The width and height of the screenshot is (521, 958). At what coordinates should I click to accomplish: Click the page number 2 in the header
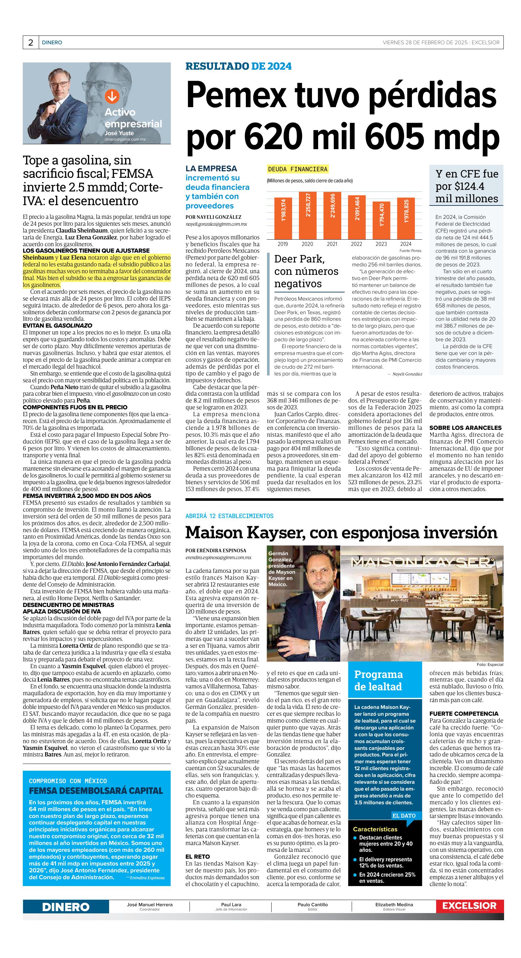tap(30, 42)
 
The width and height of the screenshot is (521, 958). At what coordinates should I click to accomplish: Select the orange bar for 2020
tap(307, 215)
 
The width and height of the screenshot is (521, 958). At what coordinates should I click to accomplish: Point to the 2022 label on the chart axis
tap(356, 244)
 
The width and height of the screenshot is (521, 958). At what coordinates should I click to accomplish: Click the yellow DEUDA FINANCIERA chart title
tap(298, 169)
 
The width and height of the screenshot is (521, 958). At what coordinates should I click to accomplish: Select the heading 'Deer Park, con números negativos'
tap(306, 271)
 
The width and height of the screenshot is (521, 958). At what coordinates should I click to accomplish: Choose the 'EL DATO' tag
tap(404, 816)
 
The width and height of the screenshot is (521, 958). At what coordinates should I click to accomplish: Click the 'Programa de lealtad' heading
tap(378, 680)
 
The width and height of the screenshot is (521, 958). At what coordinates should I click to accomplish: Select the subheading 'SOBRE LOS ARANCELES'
tap(465, 428)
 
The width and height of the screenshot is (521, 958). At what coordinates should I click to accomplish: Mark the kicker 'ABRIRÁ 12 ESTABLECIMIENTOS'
tap(229, 516)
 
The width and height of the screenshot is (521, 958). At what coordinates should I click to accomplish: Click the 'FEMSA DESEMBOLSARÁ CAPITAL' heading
tap(96, 791)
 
